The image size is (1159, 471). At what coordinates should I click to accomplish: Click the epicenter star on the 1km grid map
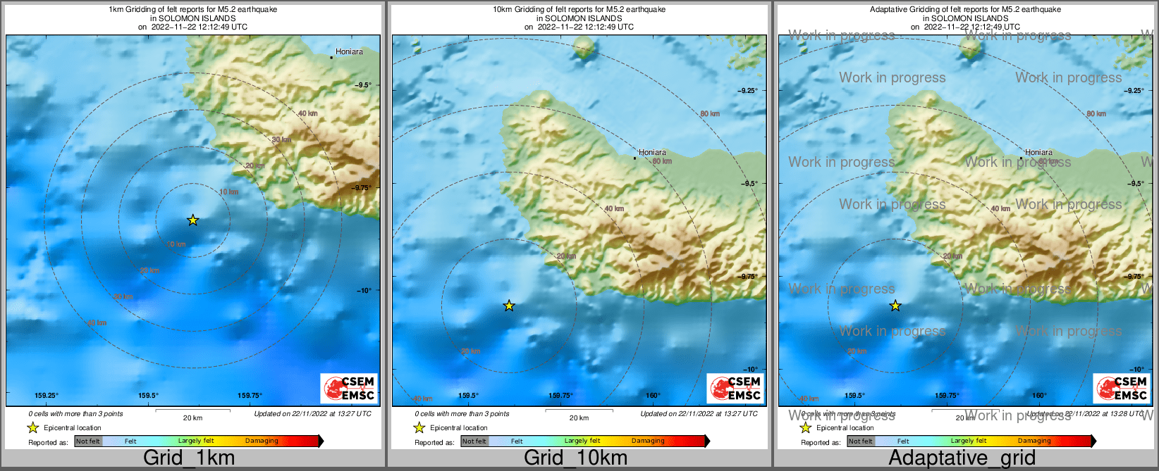(192, 220)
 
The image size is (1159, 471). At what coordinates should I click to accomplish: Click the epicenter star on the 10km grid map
(509, 306)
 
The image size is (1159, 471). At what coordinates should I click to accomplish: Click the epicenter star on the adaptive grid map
(895, 306)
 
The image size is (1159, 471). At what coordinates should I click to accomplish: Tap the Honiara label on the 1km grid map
(349, 51)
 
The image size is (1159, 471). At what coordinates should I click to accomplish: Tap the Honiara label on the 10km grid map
(652, 152)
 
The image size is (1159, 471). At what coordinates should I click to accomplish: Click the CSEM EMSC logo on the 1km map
(349, 388)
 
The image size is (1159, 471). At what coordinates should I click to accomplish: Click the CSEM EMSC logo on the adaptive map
(1122, 388)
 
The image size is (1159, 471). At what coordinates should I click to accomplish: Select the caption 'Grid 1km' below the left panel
(188, 458)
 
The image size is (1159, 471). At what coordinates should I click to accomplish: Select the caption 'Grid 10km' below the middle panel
(575, 458)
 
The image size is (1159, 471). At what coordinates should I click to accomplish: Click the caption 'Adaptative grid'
(962, 458)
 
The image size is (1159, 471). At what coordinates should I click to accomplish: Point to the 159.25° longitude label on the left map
(47, 396)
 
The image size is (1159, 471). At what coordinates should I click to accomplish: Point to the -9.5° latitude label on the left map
(363, 84)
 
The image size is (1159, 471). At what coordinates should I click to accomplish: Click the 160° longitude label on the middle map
(653, 396)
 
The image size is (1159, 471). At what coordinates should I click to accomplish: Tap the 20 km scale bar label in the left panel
(192, 417)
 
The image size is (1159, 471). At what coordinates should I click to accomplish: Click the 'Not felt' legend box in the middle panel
(474, 441)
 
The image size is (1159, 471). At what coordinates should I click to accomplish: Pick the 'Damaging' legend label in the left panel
(262, 441)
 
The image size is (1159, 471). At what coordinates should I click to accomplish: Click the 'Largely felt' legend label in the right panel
(968, 441)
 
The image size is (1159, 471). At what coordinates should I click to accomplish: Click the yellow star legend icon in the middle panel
(419, 427)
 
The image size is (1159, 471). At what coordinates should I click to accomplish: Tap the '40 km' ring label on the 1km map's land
(307, 113)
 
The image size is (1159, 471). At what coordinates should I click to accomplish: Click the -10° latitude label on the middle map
(749, 369)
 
